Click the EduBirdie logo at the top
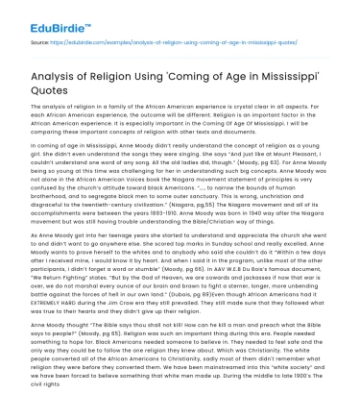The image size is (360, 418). [40, 16]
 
